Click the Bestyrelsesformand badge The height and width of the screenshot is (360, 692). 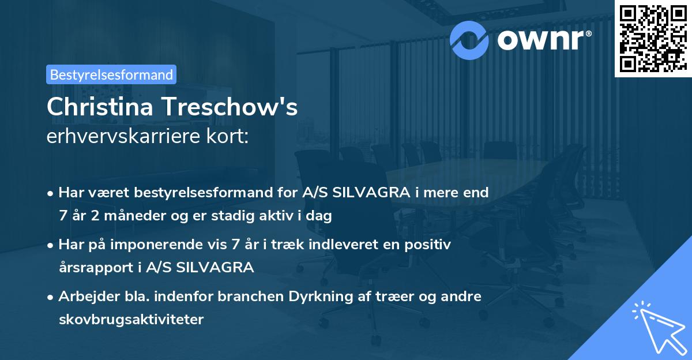[111, 74]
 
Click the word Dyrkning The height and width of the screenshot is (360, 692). [323, 296]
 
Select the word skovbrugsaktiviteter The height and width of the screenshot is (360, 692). [131, 320]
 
